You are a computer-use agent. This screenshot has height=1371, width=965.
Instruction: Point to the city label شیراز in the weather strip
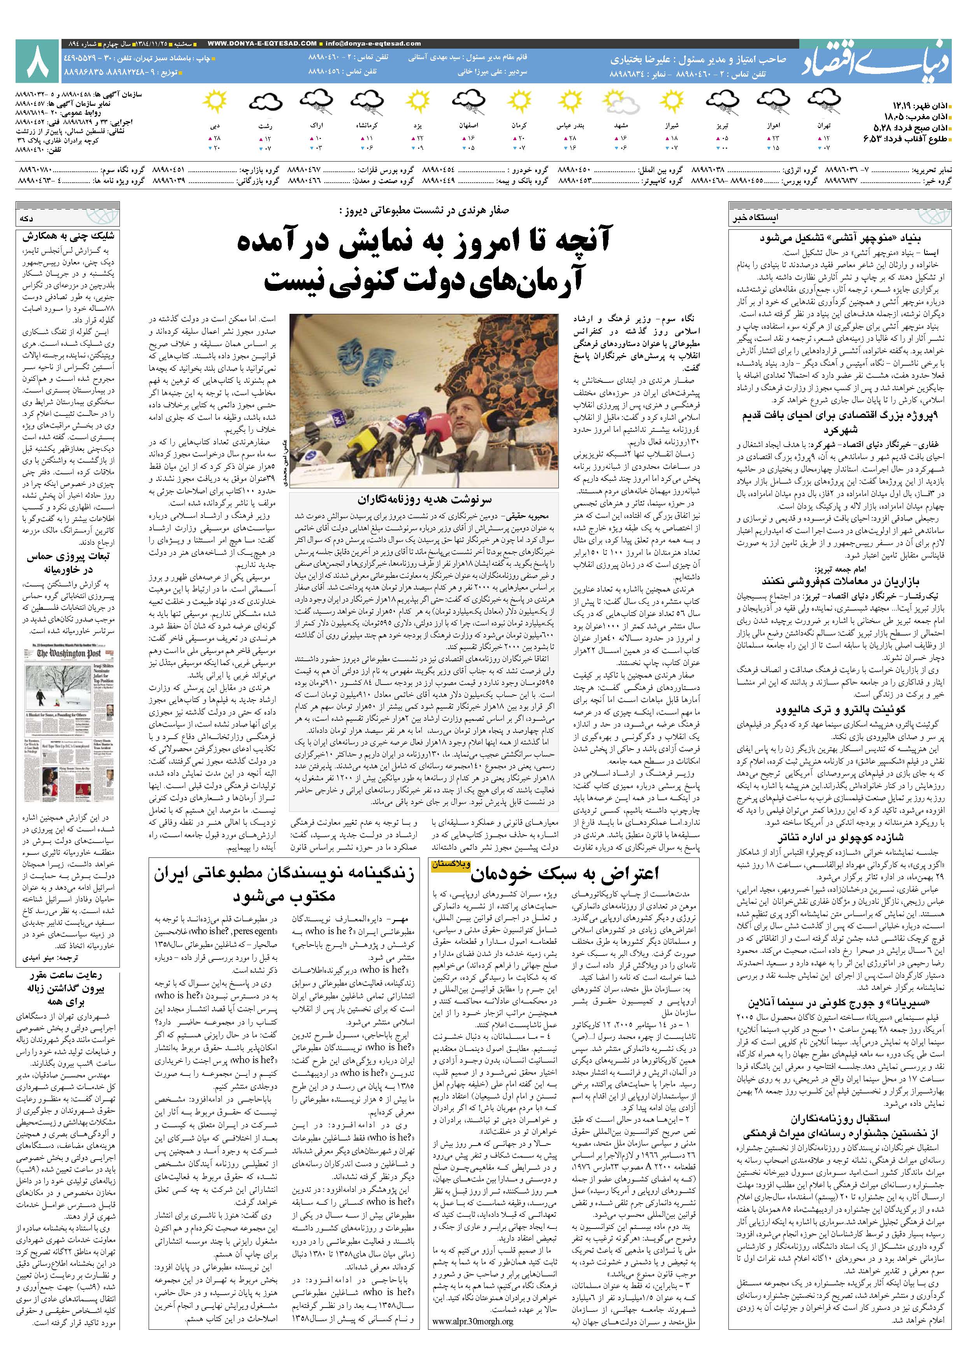671,127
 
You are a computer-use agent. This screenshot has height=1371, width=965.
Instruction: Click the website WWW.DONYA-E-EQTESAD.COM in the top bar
263,44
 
